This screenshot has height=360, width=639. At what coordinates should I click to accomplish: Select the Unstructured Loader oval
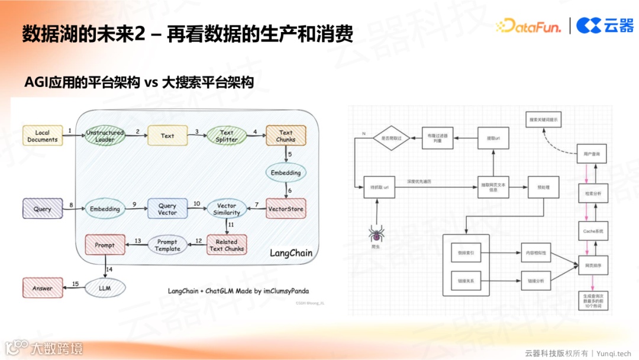pyautogui.click(x=105, y=136)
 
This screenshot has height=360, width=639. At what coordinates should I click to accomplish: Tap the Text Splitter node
pyautogui.click(x=227, y=136)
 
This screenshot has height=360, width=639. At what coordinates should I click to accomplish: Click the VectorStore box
pyautogui.click(x=286, y=209)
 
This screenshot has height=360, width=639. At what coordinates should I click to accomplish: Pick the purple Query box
pyautogui.click(x=43, y=209)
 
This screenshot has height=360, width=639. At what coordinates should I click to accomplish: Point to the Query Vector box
pyautogui.click(x=167, y=209)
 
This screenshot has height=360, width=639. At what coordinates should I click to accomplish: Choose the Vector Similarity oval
pyautogui.click(x=227, y=209)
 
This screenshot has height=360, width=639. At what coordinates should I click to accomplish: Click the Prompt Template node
pyautogui.click(x=167, y=245)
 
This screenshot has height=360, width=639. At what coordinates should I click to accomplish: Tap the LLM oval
pyautogui.click(x=105, y=288)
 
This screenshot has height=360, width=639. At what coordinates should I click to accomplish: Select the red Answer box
pyautogui.click(x=43, y=288)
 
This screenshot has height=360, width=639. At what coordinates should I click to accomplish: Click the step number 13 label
pyautogui.click(x=137, y=240)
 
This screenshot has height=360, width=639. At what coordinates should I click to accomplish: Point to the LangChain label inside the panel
pyautogui.click(x=291, y=253)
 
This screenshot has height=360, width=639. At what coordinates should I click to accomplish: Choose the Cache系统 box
pyautogui.click(x=593, y=231)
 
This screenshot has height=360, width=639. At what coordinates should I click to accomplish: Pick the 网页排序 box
pyautogui.click(x=593, y=266)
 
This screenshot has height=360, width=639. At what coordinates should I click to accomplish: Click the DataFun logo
pyautogui.click(x=528, y=25)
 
